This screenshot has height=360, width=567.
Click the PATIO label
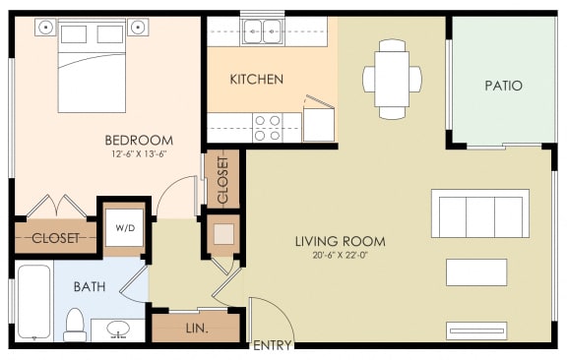(x=503, y=86)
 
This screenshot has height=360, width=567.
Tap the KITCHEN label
(x=257, y=79)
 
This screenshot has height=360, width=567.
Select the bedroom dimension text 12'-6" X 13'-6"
(x=139, y=154)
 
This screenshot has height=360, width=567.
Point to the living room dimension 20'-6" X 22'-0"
(x=340, y=255)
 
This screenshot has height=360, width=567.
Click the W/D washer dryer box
(x=125, y=228)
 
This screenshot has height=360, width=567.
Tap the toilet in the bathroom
(x=75, y=325)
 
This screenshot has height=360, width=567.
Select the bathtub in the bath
(x=34, y=302)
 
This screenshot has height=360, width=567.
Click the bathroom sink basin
(x=118, y=329)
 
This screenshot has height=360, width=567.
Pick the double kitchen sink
(x=263, y=32)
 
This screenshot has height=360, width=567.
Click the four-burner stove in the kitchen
(x=268, y=128)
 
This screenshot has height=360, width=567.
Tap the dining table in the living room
(x=392, y=79)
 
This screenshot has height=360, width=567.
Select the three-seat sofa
(x=480, y=213)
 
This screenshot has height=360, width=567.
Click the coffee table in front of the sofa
(x=476, y=272)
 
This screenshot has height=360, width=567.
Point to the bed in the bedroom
(x=92, y=66)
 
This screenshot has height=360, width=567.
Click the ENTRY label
(x=273, y=345)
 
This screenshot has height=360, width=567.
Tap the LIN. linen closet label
(x=197, y=329)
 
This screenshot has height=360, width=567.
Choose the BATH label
(x=90, y=287)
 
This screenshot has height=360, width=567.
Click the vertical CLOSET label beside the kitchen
(x=223, y=180)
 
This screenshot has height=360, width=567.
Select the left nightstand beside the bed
(x=45, y=28)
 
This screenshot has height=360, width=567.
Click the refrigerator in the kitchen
(x=319, y=125)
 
